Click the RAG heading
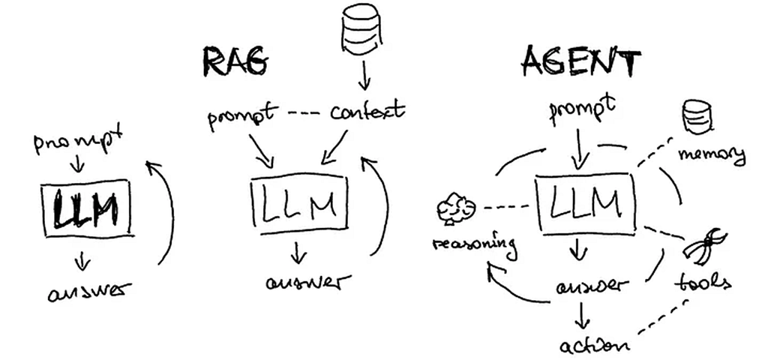tap(235, 61)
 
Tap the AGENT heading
tap(581, 62)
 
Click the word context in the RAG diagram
tap(367, 111)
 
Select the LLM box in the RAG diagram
tap(299, 204)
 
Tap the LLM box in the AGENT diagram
tap(585, 202)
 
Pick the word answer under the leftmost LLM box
tap(90, 291)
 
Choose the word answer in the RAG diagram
tap(308, 282)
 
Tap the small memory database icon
tap(697, 116)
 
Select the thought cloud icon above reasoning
tap(455, 208)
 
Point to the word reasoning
tap(475, 246)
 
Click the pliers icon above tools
tap(705, 246)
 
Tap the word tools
tap(703, 283)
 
